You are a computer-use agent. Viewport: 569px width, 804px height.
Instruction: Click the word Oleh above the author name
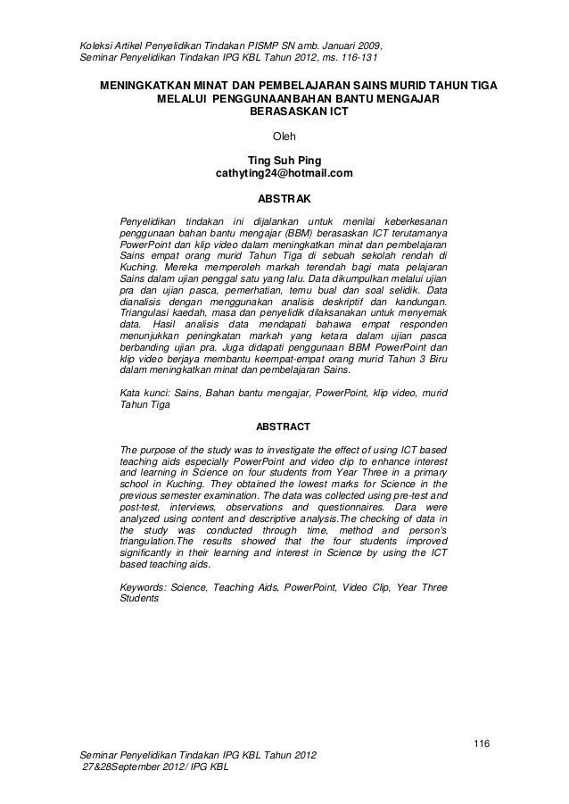coord(284,137)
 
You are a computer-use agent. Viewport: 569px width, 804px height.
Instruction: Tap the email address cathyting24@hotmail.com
coord(284,173)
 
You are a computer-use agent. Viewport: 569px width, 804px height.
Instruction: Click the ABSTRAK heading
coord(284,196)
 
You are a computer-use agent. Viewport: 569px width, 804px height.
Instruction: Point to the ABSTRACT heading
coord(284,426)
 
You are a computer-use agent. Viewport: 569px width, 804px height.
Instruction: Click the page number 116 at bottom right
coord(482,744)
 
